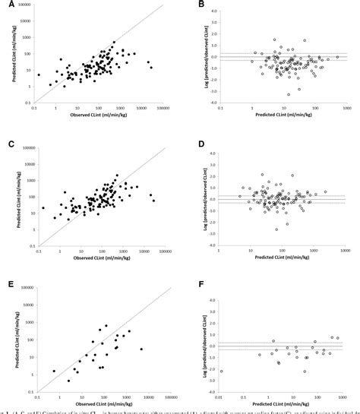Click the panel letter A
[x=6, y=6]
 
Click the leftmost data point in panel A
[x=39, y=74]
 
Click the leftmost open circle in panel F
[x=222, y=371]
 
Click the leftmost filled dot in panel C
[x=43, y=207]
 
